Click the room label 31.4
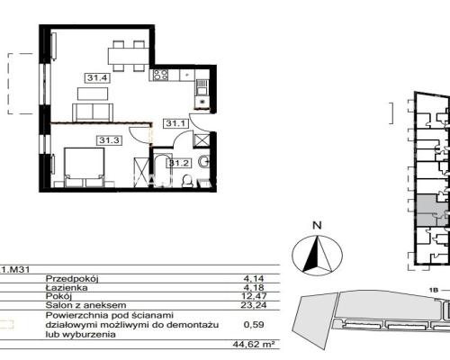[x=97, y=78]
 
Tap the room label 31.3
[x=110, y=140]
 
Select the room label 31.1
[x=175, y=123]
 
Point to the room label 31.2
[x=179, y=163]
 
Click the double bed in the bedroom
[x=85, y=167]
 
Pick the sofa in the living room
[x=93, y=112]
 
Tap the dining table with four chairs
[x=129, y=56]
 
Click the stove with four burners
[x=160, y=75]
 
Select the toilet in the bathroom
[x=187, y=182]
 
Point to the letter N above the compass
[x=317, y=225]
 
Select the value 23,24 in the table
[x=254, y=305]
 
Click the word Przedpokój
[x=72, y=279]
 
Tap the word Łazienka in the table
[x=67, y=288]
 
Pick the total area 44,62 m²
[x=254, y=344]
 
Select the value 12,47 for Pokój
[x=254, y=296]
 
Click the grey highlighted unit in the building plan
[x=431, y=210]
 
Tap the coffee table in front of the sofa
[x=93, y=94]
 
